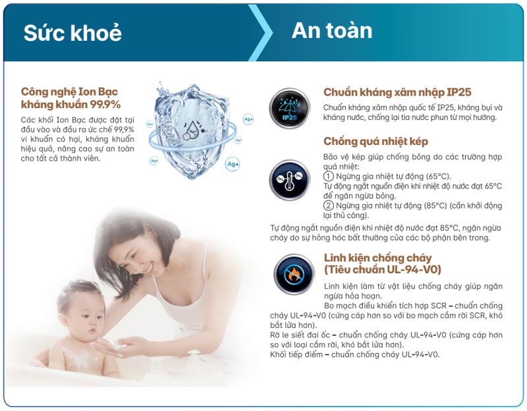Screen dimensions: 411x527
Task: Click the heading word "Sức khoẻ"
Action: point(72,33)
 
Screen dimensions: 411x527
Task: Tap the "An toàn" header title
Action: point(332,30)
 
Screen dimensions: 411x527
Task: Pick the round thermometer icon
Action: point(289,179)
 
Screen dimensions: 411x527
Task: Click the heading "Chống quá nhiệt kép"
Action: point(375,142)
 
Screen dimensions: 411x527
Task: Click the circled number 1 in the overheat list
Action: point(328,177)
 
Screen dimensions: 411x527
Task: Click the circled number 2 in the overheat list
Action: point(328,205)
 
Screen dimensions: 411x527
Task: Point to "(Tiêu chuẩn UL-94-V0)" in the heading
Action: point(382,269)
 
